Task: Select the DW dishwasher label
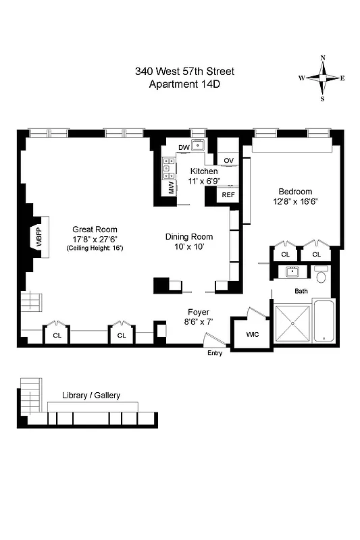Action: (x=184, y=148)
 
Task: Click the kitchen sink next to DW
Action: (x=198, y=146)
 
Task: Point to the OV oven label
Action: (x=229, y=160)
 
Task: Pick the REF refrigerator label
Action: (x=228, y=195)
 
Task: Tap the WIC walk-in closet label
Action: (x=252, y=334)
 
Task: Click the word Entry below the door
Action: (x=215, y=353)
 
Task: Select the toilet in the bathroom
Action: (x=322, y=276)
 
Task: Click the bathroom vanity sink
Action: (x=292, y=272)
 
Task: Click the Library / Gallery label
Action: (x=91, y=396)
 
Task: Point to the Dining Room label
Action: (x=189, y=237)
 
